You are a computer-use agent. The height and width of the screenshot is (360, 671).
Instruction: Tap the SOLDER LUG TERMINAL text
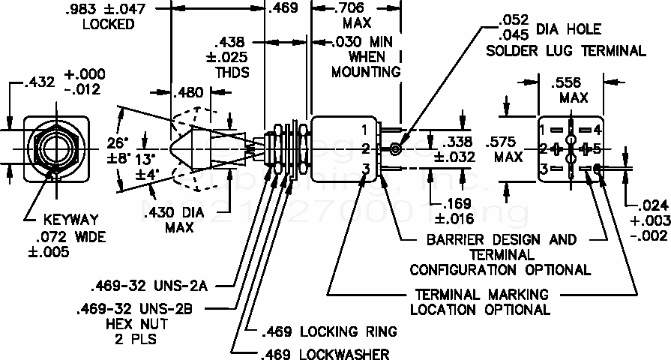click(x=565, y=51)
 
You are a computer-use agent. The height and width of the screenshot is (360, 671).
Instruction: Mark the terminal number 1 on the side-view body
click(x=364, y=129)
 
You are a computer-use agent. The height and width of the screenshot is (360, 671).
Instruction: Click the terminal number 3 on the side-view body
click(x=364, y=167)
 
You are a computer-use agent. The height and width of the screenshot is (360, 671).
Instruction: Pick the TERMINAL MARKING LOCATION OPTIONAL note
click(x=478, y=301)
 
